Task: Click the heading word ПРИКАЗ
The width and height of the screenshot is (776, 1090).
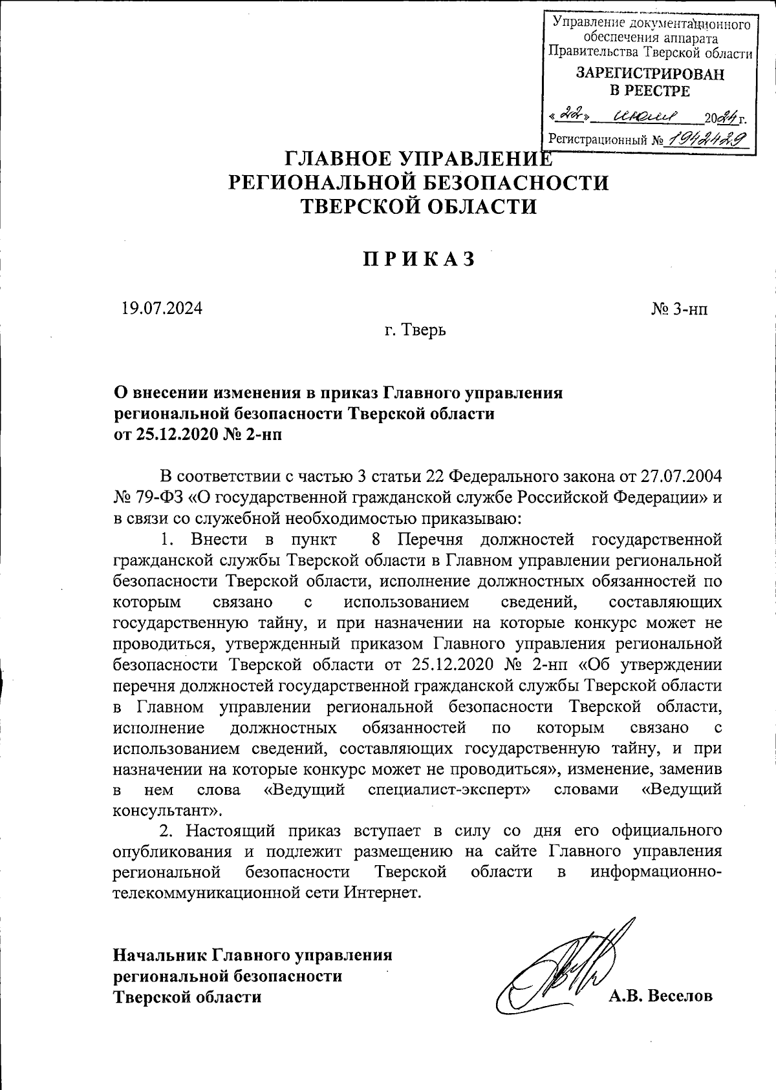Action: [418, 258]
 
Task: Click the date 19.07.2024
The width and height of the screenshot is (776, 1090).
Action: [162, 308]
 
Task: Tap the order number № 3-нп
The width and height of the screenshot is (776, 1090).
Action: [679, 309]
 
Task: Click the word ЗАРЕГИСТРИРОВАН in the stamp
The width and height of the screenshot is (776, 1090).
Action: [650, 74]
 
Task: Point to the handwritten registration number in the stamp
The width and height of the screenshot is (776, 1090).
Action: [709, 138]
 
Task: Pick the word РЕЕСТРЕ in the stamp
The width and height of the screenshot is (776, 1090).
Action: [650, 91]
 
